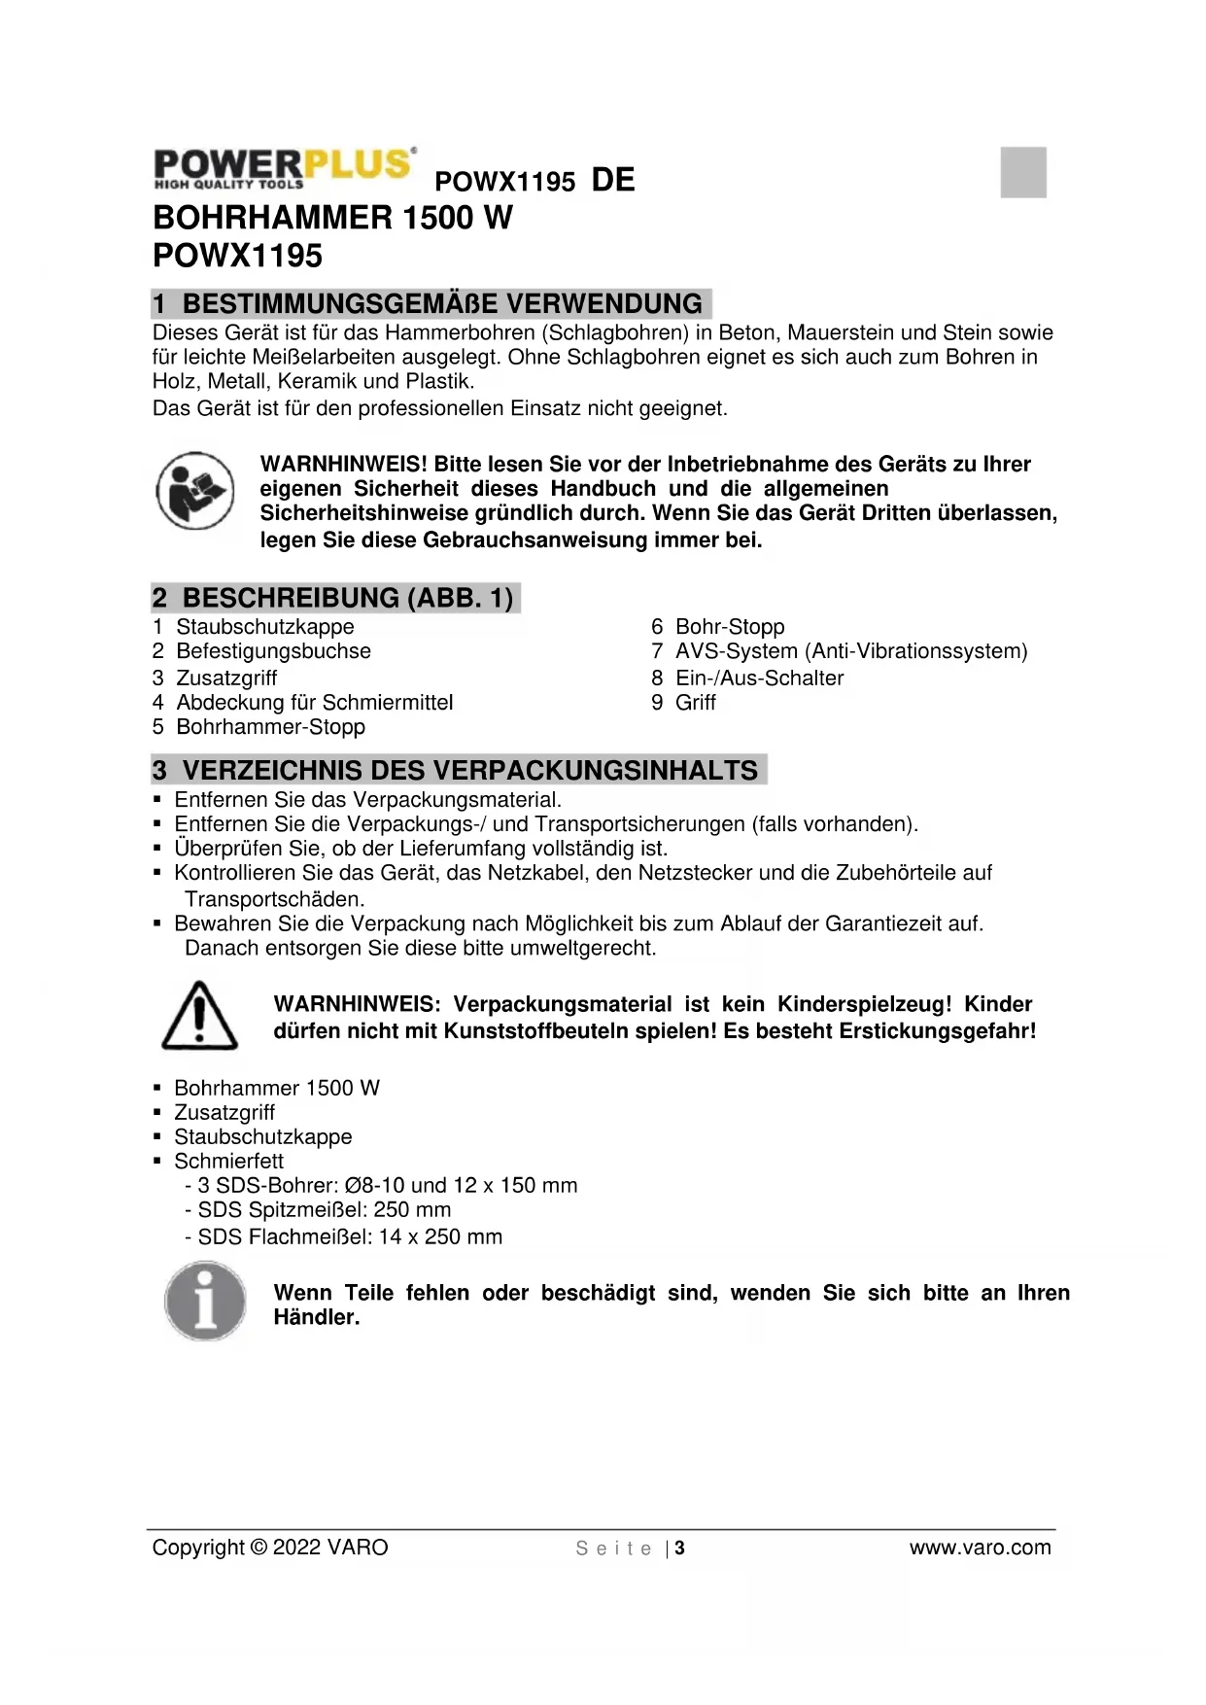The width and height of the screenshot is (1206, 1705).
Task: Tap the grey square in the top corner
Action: pos(1023,172)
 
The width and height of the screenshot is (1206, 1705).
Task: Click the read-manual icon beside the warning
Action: pos(195,490)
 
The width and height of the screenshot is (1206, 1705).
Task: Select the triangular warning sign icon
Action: pos(199,1016)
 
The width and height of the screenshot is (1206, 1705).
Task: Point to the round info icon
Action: pos(205,1301)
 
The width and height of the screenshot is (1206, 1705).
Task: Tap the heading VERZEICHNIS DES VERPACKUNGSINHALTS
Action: pos(459,771)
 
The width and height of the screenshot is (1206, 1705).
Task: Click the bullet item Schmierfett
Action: pos(228,1162)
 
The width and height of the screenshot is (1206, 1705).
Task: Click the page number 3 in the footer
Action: pos(680,1548)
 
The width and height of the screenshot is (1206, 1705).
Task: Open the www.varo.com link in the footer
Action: pos(980,1548)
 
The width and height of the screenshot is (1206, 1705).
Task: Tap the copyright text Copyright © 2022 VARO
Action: pos(270,1548)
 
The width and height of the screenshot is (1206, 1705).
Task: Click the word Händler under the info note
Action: pos(316,1318)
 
